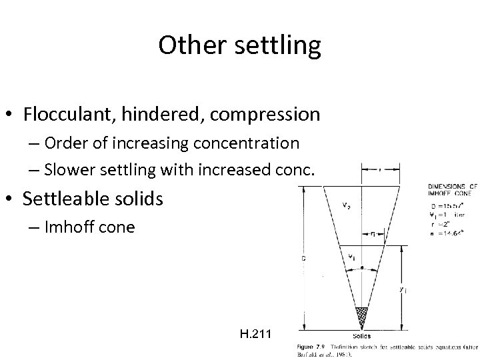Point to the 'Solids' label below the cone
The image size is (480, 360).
pyautogui.click(x=362, y=335)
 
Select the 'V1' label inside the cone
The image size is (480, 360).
pyautogui.click(x=351, y=255)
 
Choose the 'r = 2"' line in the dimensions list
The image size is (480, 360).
pyautogui.click(x=441, y=226)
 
